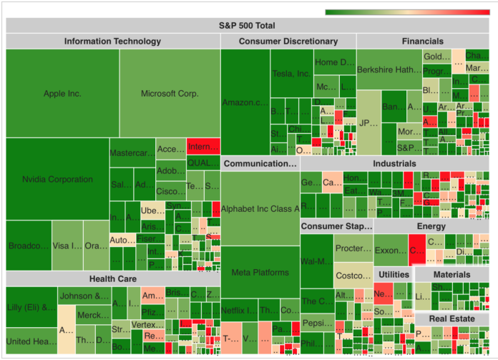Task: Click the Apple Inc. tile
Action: [x=62, y=93]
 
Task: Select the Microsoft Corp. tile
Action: [x=170, y=93]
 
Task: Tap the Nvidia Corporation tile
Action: [x=57, y=179]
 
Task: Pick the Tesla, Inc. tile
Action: [x=291, y=73]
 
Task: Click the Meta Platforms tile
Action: [x=260, y=272]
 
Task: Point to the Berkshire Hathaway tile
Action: [x=389, y=69]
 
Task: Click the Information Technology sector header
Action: [x=112, y=42]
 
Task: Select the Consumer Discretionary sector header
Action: [x=288, y=42]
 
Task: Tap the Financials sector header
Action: [x=422, y=42]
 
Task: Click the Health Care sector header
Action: [x=112, y=278]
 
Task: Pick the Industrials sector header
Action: [x=394, y=163]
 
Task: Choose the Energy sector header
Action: [x=431, y=227]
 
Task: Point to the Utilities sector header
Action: [x=394, y=275]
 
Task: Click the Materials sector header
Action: [x=451, y=275]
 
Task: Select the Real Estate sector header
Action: [x=451, y=318]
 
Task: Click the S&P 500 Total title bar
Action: [x=247, y=26]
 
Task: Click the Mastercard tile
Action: [x=132, y=152]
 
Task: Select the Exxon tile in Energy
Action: [x=391, y=250]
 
